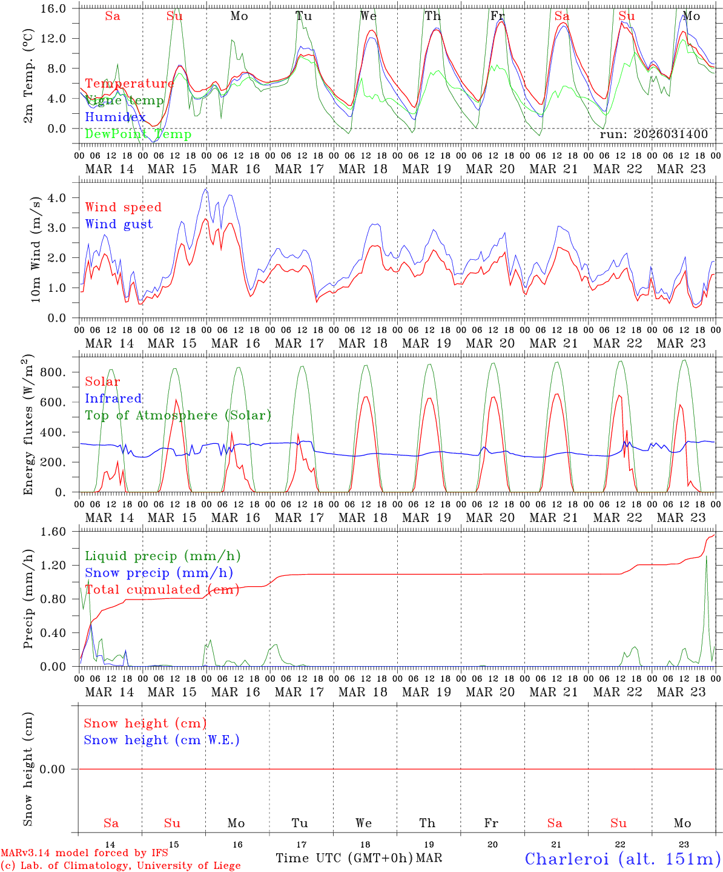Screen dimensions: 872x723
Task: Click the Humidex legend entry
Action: [115, 117]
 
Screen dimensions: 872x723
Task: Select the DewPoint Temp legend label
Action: [138, 134]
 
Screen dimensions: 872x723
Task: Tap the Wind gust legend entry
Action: [119, 224]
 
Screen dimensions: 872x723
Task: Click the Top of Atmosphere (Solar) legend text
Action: [178, 415]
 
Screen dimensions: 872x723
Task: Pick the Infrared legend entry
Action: [113, 398]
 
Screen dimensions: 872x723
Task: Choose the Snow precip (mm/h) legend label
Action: [159, 573]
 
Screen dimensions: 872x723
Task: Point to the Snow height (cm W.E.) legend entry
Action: [162, 740]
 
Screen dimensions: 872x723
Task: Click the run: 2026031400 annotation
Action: [653, 134]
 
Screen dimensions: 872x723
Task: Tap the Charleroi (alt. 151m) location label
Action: [622, 859]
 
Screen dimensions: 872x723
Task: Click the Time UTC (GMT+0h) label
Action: [344, 858]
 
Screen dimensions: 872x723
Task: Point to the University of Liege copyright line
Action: [120, 866]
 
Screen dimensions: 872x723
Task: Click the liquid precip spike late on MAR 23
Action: [707, 557]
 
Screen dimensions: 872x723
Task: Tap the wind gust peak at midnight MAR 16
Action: [206, 189]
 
